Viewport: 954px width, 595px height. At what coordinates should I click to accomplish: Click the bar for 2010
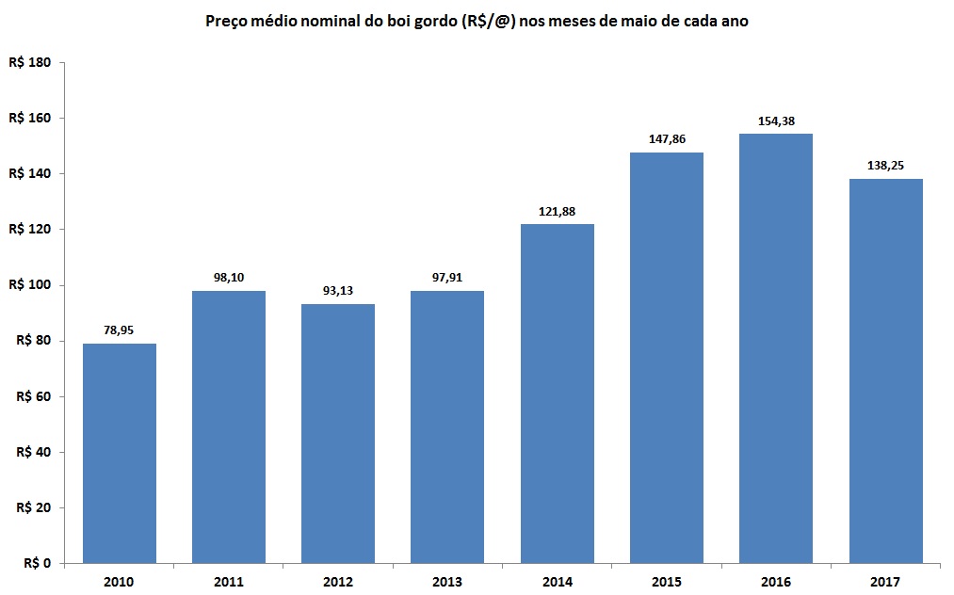[120, 453]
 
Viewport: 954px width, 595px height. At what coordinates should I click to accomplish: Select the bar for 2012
[338, 433]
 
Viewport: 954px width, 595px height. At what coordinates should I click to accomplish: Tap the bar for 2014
[558, 394]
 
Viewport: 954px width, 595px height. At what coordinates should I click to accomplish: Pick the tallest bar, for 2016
[776, 348]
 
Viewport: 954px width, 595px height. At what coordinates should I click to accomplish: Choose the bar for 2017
[885, 371]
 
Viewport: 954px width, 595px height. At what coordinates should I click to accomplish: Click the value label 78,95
[120, 330]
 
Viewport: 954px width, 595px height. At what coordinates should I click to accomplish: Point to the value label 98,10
[229, 278]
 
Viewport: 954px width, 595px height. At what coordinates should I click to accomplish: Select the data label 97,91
[447, 278]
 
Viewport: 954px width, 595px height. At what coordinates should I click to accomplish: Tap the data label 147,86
[667, 138]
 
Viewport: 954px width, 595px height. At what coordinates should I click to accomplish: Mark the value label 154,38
[776, 121]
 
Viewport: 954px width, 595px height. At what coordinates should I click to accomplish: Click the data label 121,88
[558, 211]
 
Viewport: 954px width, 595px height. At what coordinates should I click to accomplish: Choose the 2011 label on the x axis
[229, 582]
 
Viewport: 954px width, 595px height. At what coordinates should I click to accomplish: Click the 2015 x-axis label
[667, 582]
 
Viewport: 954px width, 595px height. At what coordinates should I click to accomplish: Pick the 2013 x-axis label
[447, 582]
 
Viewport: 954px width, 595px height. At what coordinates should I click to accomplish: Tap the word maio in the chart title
[651, 20]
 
